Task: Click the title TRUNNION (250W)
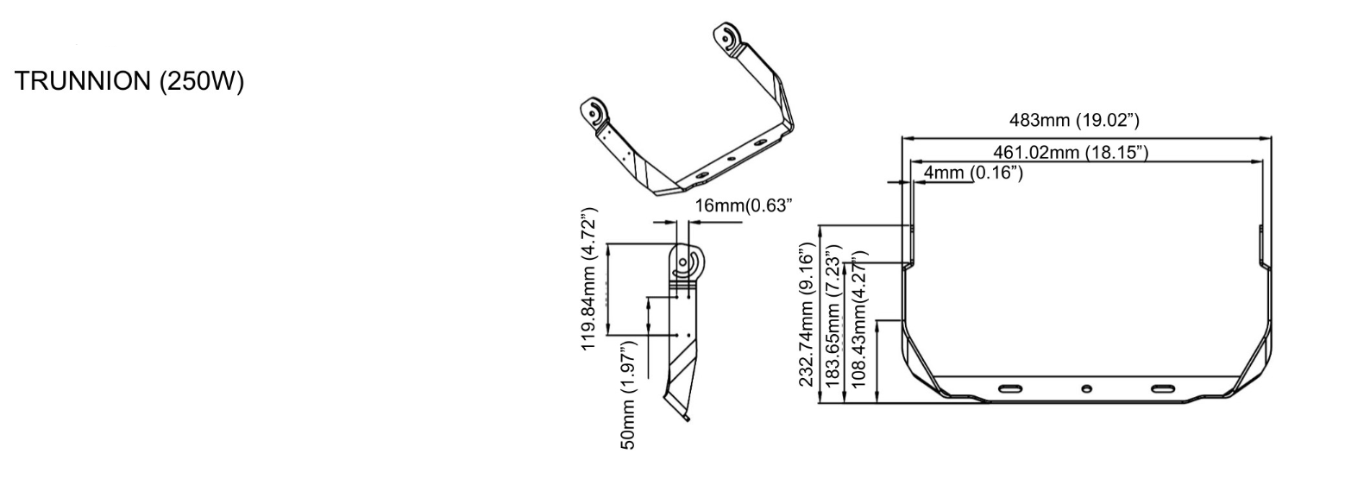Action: tap(129, 81)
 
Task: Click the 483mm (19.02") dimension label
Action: tap(1074, 120)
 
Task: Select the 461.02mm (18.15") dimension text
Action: tap(1071, 152)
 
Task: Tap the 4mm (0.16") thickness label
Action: tap(973, 173)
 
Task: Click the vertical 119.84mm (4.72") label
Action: tap(589, 279)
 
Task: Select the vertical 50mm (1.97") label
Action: tap(629, 394)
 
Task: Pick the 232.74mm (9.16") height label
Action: tap(808, 314)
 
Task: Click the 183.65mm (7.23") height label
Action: tap(833, 316)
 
